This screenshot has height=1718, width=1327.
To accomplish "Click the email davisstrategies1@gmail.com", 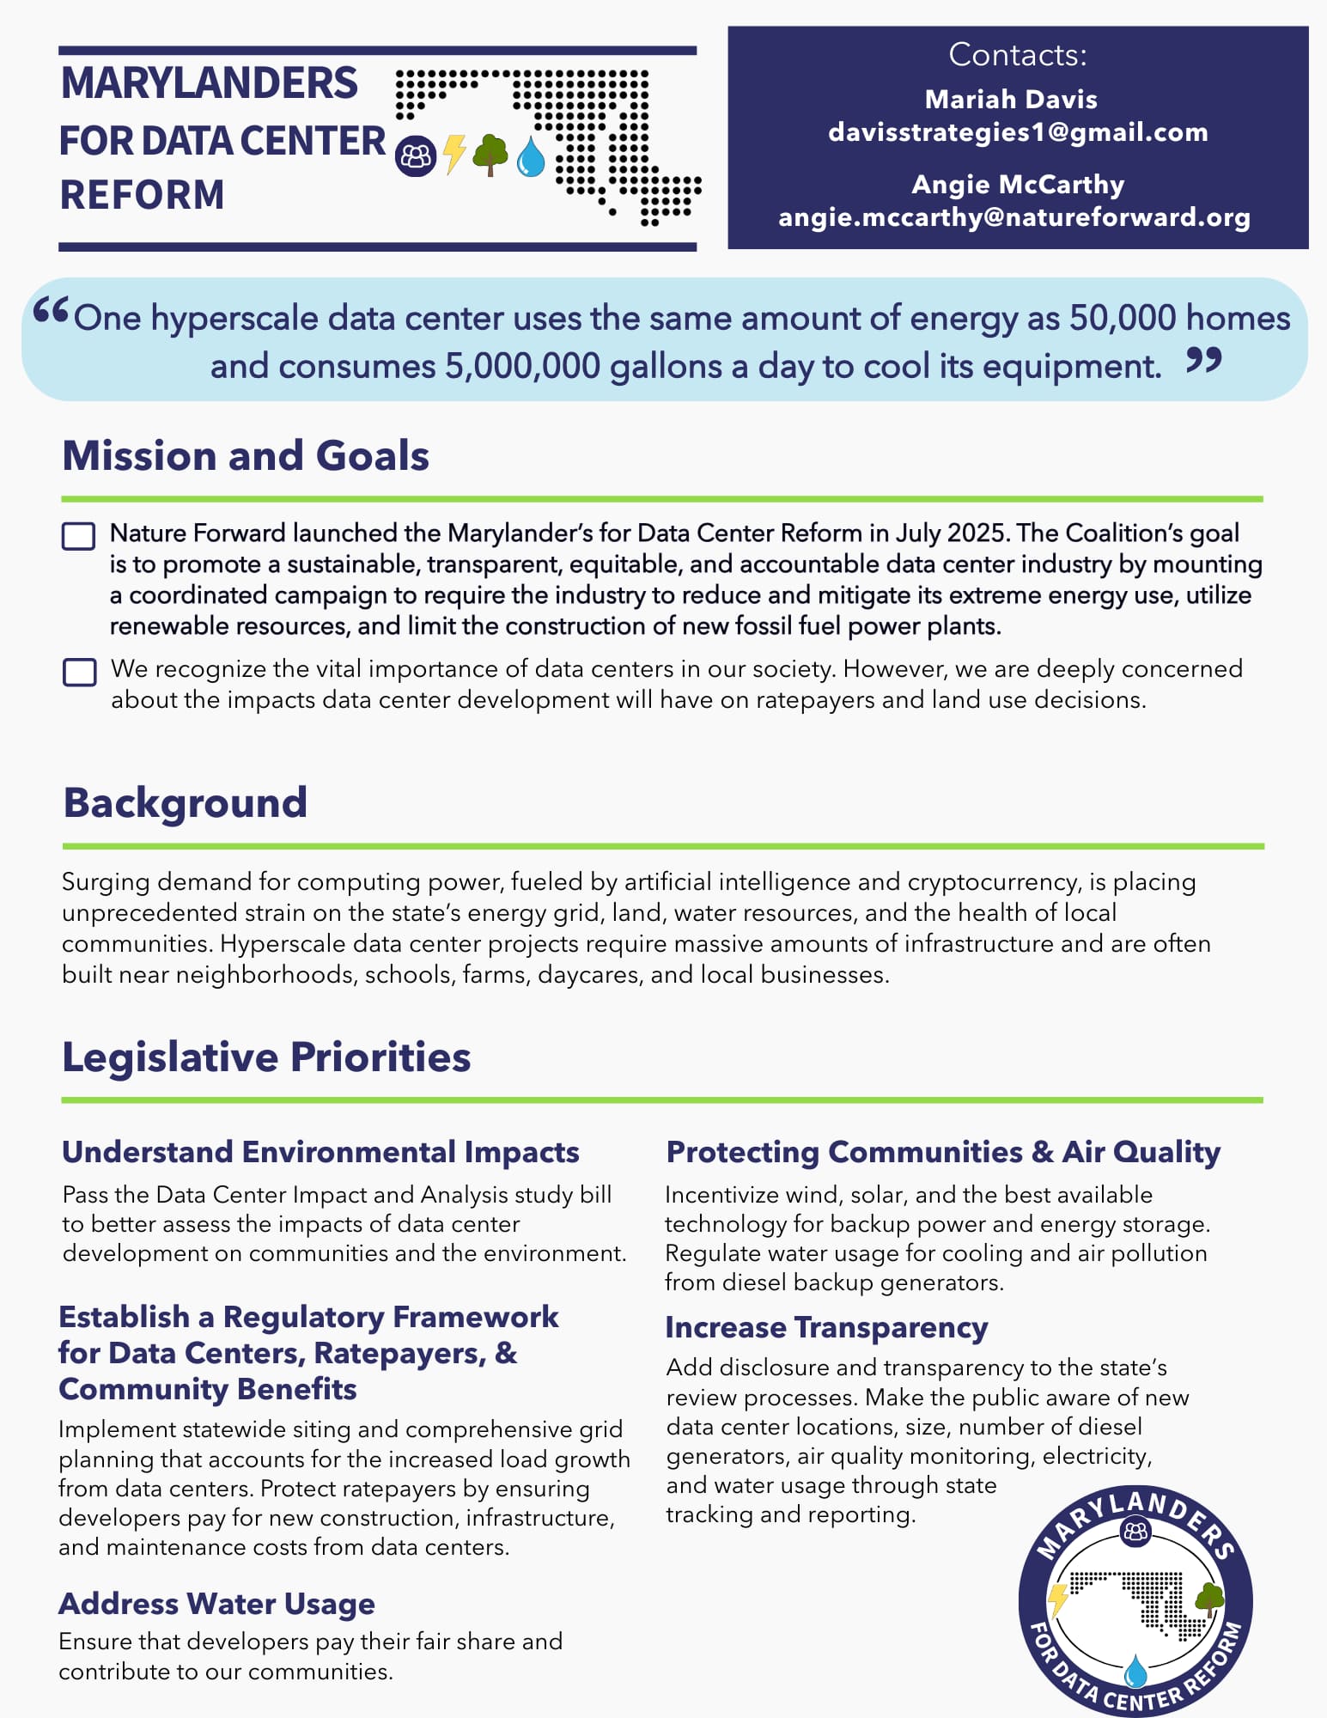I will point(1018,132).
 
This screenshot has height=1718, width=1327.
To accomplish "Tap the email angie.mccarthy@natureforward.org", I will point(1014,217).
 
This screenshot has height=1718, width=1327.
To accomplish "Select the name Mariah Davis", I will point(1011,100).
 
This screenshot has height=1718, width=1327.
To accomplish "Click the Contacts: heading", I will point(1018,55).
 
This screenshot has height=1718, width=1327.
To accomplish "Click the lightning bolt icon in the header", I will point(454,155).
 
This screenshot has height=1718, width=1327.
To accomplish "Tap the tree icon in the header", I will point(490,155).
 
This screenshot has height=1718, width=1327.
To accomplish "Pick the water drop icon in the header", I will point(531,156).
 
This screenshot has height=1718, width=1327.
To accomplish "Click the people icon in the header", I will point(416,156).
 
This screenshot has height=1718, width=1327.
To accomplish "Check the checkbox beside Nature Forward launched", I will point(79,536).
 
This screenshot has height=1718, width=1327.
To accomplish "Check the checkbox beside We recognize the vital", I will point(79,672).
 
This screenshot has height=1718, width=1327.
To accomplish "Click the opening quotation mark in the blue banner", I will point(50,311).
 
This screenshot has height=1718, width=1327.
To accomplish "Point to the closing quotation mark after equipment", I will point(1204,361).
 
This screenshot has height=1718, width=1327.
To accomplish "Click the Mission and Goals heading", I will point(246,455).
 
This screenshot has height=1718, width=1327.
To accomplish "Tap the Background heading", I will point(186,802).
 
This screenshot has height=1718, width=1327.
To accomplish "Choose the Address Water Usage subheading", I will point(216,1603).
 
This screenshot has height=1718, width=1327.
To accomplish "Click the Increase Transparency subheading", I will point(826,1327).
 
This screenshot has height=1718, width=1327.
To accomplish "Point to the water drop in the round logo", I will point(1135,1671).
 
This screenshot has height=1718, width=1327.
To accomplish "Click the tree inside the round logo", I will point(1209,1598).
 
